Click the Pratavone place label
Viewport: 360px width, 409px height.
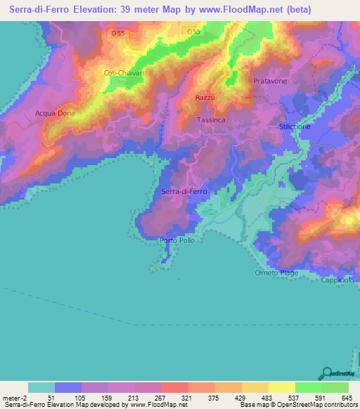point(269,82)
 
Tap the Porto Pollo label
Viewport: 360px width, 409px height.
point(177,241)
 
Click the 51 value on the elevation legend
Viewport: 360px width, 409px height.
point(51,397)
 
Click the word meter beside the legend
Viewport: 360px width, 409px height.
point(12,397)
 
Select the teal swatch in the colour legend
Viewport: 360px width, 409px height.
point(41,387)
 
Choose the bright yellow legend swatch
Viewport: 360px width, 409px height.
point(281,387)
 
